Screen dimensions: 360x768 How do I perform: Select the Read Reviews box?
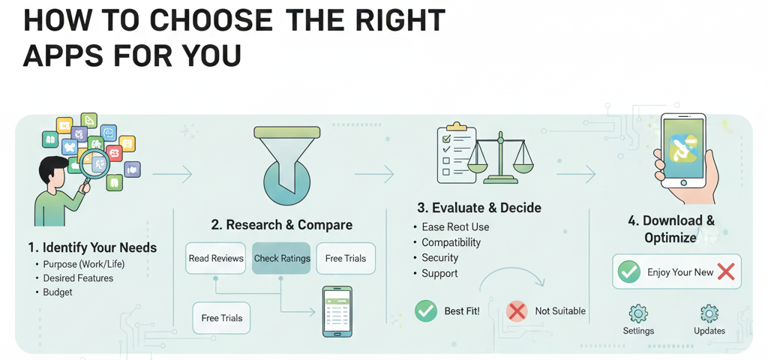click(x=216, y=258)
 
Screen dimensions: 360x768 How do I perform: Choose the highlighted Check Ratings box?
click(x=282, y=258)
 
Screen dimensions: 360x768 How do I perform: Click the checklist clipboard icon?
click(x=457, y=154)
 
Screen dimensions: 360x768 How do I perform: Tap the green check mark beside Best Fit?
click(x=426, y=310)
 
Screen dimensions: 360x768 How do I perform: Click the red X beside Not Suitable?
click(x=517, y=310)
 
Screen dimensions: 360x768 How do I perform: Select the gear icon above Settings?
click(x=638, y=313)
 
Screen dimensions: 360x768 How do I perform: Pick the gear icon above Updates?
click(x=709, y=313)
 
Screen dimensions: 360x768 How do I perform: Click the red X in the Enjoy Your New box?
click(x=725, y=272)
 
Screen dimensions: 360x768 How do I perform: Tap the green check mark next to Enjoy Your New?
click(x=628, y=272)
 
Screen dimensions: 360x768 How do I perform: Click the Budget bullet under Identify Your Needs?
click(x=58, y=292)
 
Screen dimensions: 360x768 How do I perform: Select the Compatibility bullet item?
click(x=451, y=243)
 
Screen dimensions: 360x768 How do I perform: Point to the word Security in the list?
click(x=439, y=258)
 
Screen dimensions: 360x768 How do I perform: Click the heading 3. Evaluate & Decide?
click(x=479, y=208)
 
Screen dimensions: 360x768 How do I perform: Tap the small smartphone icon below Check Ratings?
click(x=337, y=311)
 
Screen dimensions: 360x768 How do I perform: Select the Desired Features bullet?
click(x=78, y=278)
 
